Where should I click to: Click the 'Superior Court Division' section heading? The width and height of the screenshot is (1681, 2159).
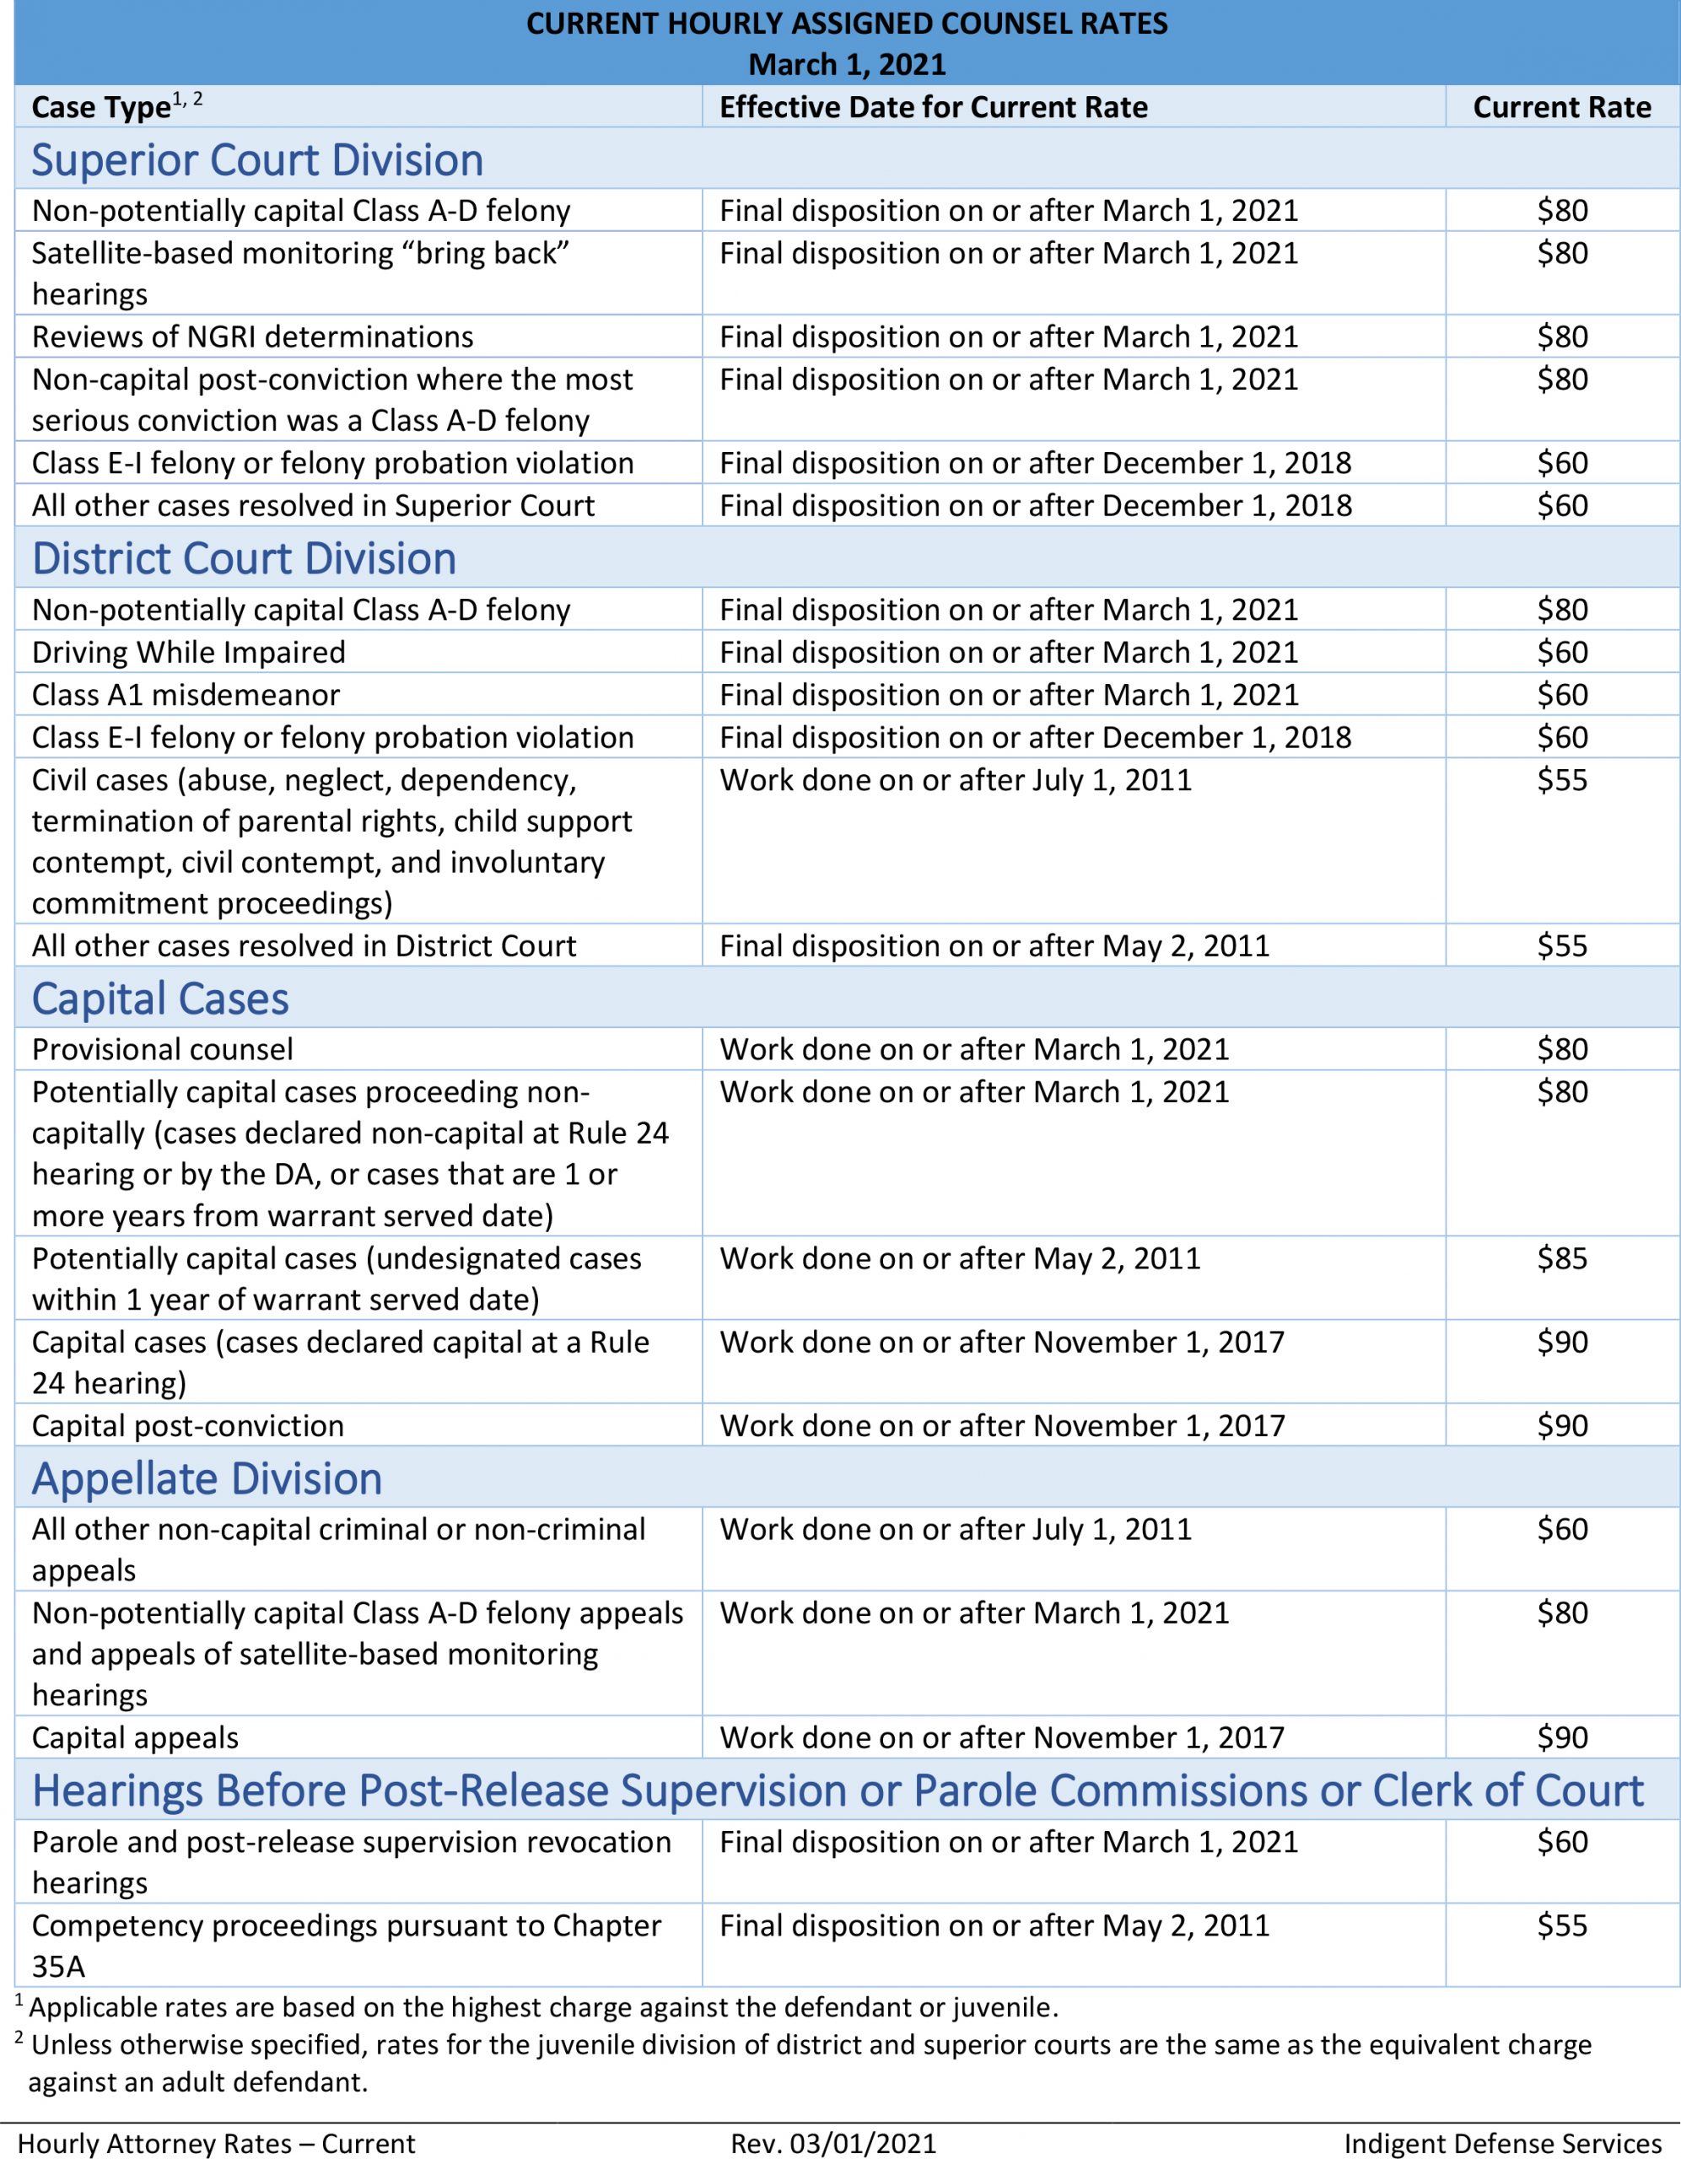click(x=257, y=160)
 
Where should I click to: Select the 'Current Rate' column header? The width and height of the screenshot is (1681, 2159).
click(x=1561, y=107)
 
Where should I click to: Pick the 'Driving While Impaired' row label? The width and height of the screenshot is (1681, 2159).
click(x=189, y=653)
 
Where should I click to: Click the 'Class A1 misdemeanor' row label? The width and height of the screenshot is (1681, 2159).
click(x=186, y=695)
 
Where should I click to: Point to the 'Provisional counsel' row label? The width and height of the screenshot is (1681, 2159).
click(x=162, y=1049)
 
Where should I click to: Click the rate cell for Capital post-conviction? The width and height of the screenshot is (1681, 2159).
click(x=1561, y=1425)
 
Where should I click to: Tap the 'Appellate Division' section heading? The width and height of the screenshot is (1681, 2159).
click(x=207, y=1479)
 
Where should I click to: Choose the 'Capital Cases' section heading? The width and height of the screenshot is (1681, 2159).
click(x=160, y=999)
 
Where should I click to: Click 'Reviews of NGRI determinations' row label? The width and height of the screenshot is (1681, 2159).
click(x=252, y=337)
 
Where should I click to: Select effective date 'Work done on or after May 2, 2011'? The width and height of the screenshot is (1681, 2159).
click(x=959, y=1258)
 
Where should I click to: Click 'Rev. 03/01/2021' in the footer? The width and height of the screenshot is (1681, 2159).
click(x=832, y=2142)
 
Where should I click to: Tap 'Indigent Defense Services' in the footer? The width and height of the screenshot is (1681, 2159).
click(x=1502, y=2142)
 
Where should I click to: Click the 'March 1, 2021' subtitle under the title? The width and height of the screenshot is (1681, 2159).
click(x=847, y=64)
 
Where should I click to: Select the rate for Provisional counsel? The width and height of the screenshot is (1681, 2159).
click(x=1561, y=1049)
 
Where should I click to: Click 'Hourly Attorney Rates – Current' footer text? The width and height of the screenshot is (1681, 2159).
click(x=217, y=2142)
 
